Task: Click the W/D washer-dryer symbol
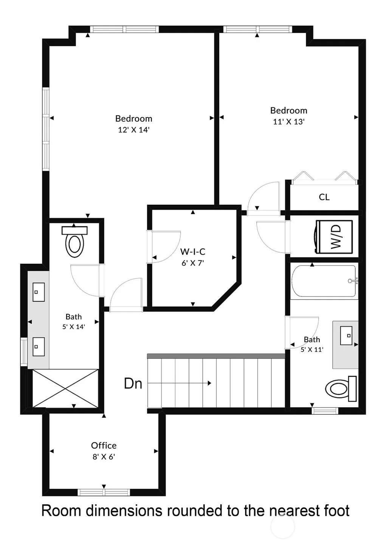click(334, 237)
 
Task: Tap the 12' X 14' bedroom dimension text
click(133, 130)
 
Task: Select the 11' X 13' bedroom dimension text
click(289, 122)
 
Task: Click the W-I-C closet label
click(193, 252)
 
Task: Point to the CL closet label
click(324, 197)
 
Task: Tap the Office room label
click(104, 445)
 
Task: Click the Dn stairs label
click(133, 384)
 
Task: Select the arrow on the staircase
click(179, 383)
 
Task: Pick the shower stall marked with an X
click(65, 388)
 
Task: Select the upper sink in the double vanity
click(39, 292)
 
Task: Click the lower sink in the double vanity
click(39, 346)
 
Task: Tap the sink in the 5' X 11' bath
click(346, 336)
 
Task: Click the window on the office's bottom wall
click(104, 492)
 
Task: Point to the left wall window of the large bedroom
click(46, 129)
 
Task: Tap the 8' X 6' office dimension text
click(104, 457)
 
